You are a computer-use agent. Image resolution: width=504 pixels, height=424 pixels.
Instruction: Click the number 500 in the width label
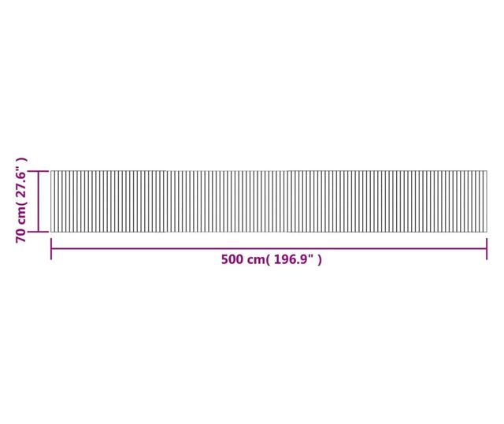(232, 259)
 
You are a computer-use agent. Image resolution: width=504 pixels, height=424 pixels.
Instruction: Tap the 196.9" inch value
(294, 259)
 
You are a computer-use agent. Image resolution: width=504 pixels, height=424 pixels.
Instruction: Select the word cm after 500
(255, 260)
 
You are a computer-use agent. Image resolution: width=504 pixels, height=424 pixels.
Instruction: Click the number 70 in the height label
(21, 236)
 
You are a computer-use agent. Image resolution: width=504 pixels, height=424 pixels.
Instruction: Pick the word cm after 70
(21, 215)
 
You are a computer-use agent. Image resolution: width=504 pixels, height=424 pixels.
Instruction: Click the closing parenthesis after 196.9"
(320, 259)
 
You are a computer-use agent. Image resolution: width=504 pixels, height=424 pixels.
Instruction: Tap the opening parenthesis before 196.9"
(268, 259)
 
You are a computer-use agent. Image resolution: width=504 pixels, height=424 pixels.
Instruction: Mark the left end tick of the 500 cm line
(51, 249)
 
